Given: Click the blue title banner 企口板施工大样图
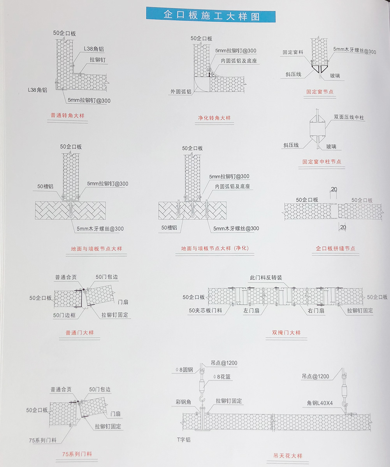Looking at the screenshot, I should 211,15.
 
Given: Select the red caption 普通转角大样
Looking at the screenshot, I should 68,115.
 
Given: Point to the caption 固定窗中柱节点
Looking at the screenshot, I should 322,161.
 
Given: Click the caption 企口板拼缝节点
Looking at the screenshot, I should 335,248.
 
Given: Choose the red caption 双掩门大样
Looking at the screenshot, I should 286,333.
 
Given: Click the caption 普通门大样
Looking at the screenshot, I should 80,333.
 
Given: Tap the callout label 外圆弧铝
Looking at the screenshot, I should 181,92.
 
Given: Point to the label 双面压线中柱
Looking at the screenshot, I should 350,117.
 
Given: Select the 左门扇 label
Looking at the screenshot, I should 251,311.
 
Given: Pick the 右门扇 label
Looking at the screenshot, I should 316,311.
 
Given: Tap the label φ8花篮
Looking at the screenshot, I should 223,376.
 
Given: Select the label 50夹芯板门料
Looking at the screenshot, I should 206,311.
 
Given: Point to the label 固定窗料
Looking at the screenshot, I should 293,52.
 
